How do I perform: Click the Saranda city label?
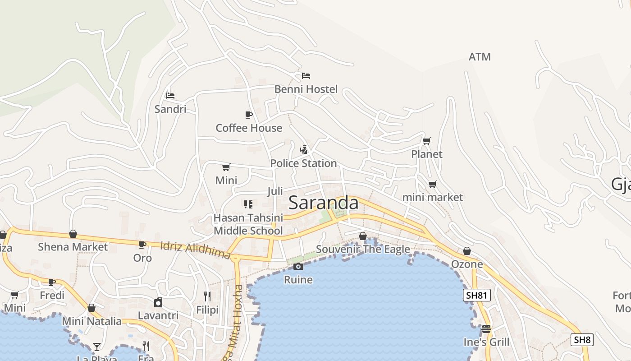(x=323, y=203)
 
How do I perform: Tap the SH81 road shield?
(x=476, y=296)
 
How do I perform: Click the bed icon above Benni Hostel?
(x=306, y=76)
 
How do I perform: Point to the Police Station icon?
(x=304, y=150)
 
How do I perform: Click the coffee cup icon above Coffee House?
(x=248, y=115)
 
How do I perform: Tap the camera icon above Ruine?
(x=298, y=267)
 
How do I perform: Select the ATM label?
(x=480, y=57)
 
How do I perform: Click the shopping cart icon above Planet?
(x=426, y=141)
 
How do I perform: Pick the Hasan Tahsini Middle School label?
(x=248, y=224)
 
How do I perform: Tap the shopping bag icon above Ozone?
(x=467, y=251)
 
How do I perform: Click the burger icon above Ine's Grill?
(x=486, y=329)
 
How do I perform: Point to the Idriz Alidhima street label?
(x=196, y=250)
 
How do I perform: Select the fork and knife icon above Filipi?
(x=207, y=296)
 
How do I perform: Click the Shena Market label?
(x=73, y=247)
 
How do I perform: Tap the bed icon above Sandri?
(x=170, y=96)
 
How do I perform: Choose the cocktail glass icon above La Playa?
(x=96, y=347)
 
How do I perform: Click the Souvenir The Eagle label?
(x=363, y=249)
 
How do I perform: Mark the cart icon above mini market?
(x=432, y=184)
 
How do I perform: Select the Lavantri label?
(x=158, y=315)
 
